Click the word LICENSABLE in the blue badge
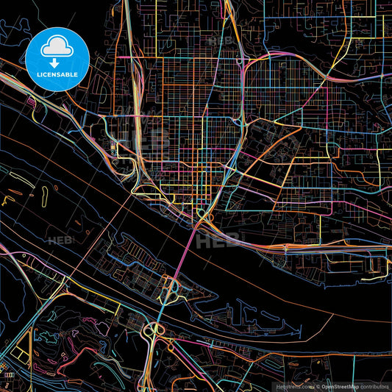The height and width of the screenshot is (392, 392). (57, 74)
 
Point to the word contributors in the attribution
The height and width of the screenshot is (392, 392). (374, 385)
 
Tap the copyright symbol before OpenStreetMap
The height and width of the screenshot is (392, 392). (317, 385)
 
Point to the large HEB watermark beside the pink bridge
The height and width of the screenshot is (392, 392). (221, 239)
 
